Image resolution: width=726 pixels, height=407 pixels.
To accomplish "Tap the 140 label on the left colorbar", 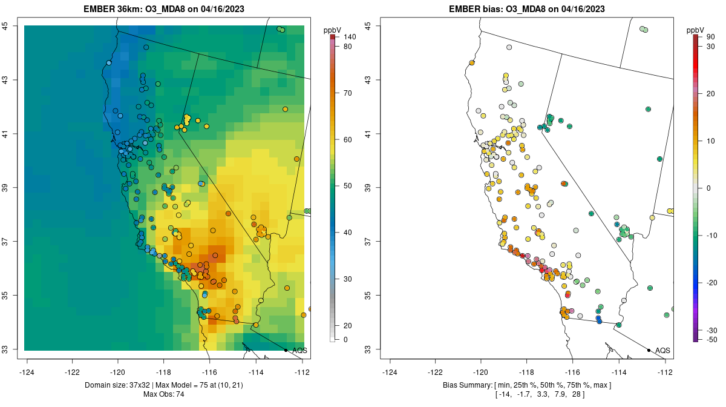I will point(350,37).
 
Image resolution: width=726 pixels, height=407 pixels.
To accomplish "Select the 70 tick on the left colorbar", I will point(348,93).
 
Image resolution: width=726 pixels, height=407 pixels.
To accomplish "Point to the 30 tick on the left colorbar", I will point(348,279).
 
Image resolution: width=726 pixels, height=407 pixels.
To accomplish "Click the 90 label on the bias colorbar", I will point(711,37).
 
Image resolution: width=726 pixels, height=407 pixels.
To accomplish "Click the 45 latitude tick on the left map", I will point(13,26).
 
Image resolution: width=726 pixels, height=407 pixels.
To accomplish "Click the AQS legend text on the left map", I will point(299,350).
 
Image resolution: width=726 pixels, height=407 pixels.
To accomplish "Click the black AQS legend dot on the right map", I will point(649,350).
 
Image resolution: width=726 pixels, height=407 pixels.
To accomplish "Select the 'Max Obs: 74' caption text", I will point(164,394).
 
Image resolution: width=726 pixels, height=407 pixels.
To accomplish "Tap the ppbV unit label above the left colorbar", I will point(333,30).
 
